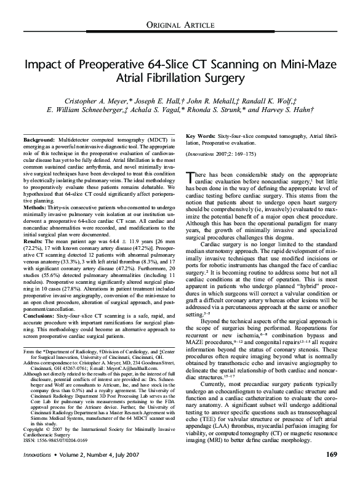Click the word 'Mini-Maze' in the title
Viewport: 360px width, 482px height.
[x=304, y=65]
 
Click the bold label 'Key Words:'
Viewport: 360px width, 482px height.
[x=199, y=135]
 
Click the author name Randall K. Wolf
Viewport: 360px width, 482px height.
[x=287, y=100]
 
